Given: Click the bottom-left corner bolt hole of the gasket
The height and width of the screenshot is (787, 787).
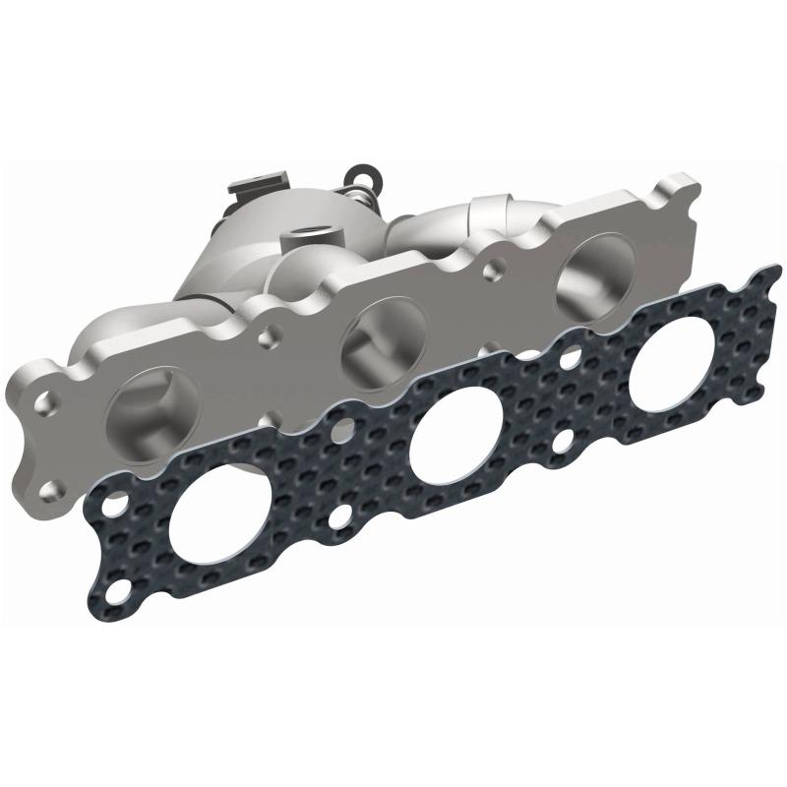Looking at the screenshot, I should coord(117,594).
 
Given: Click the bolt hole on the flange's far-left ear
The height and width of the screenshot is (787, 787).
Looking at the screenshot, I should coord(45,402).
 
